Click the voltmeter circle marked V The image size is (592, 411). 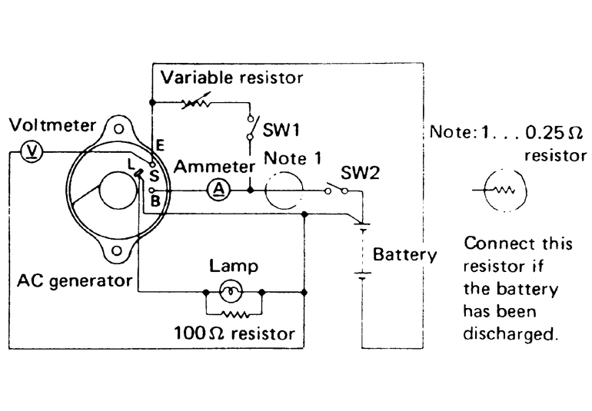click(x=34, y=152)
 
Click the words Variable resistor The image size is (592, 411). click(x=232, y=78)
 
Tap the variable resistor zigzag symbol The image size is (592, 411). click(x=198, y=102)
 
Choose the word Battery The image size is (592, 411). click(x=404, y=254)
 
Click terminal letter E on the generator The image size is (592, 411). click(x=158, y=144)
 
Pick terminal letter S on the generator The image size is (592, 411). click(x=155, y=176)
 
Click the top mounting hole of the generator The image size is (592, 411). click(x=117, y=128)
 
